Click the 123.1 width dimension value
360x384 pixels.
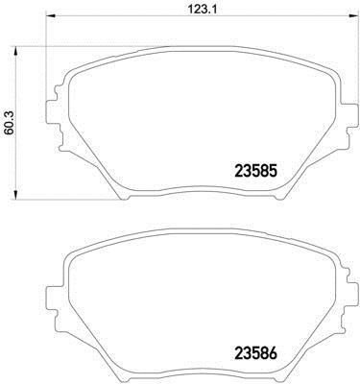[x=198, y=10]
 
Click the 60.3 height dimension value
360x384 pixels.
[x=10, y=123]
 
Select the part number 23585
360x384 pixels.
[x=255, y=172]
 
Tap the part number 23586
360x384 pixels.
[x=255, y=353]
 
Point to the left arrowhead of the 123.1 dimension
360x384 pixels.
[x=51, y=16]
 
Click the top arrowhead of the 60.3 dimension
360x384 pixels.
[x=15, y=52]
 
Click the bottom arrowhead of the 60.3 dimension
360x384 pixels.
[x=15, y=195]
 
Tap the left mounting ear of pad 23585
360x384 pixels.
[x=51, y=112]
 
